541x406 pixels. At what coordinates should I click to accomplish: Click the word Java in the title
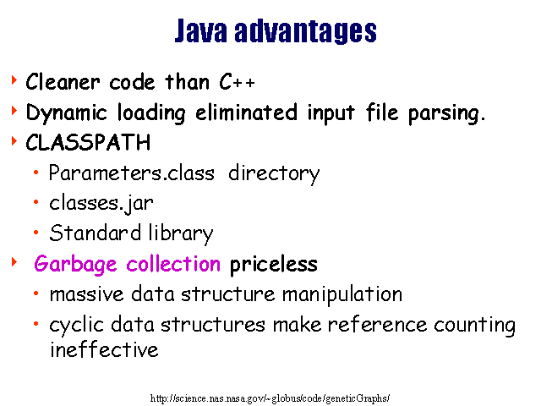[x=201, y=30]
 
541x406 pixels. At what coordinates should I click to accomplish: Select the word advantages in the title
[x=305, y=32]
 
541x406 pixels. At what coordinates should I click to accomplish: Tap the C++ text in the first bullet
[x=237, y=82]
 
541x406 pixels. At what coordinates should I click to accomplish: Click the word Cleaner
[x=63, y=82]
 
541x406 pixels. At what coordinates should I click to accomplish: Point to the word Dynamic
[x=66, y=113]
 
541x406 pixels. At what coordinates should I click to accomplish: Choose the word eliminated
[x=246, y=112]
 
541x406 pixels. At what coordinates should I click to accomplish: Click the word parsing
[x=447, y=113]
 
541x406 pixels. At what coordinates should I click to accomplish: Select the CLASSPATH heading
[x=88, y=142]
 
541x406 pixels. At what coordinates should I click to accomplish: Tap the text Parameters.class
[x=132, y=173]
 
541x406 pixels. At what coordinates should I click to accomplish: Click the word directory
[x=274, y=173]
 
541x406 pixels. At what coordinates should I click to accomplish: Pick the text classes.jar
[x=101, y=204]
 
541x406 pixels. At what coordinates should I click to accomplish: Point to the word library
[x=181, y=233]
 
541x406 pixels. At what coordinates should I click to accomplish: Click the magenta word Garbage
[x=75, y=265]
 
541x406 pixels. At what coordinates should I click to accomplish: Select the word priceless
[x=274, y=265]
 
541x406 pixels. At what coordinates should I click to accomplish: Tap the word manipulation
[x=342, y=295]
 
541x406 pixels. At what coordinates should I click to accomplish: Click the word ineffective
[x=104, y=349]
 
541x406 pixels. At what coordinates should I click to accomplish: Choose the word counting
[x=474, y=326]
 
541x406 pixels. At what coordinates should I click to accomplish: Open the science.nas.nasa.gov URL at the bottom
[x=270, y=398]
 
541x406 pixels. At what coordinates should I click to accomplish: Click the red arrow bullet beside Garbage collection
[x=14, y=262]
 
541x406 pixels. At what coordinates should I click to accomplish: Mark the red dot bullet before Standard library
[x=36, y=233]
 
